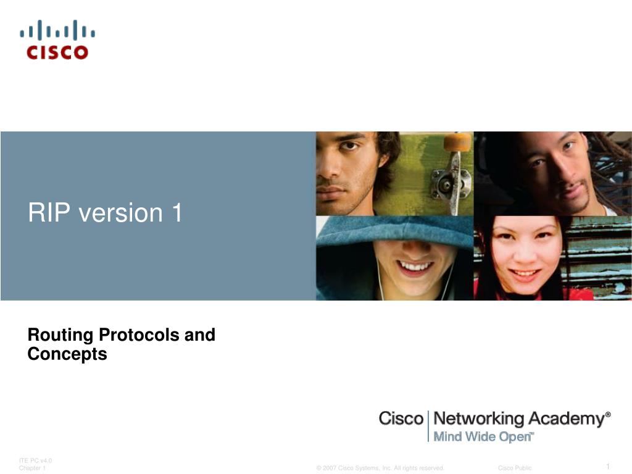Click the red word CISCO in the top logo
click(57, 52)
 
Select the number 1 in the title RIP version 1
click(177, 212)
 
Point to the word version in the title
click(120, 213)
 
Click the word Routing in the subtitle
click(60, 336)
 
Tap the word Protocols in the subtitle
click(139, 335)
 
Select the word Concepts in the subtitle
click(67, 354)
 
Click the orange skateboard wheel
click(457, 142)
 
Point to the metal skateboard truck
click(451, 183)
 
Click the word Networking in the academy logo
click(478, 419)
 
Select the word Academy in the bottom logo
click(567, 419)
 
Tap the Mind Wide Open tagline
click(483, 437)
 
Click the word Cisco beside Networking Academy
click(401, 418)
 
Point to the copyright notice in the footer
click(380, 468)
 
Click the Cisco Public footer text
click(515, 468)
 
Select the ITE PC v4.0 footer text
click(35, 460)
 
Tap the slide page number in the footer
click(608, 467)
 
